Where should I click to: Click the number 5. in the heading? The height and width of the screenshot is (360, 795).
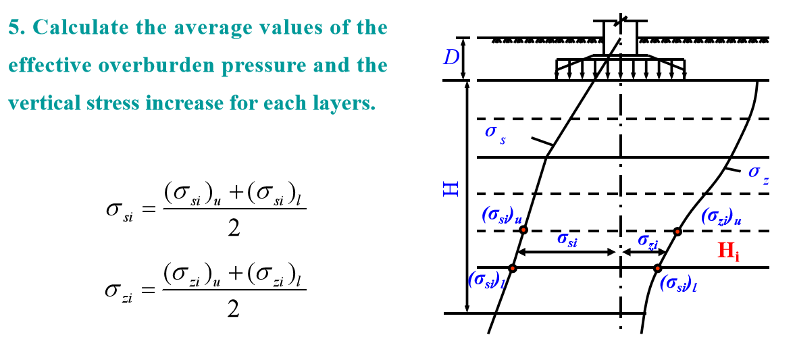pyautogui.click(x=18, y=28)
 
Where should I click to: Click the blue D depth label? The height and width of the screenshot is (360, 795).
pyautogui.click(x=451, y=58)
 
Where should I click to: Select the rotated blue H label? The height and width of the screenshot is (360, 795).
pyautogui.click(x=451, y=188)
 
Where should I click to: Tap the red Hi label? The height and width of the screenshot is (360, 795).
pyautogui.click(x=728, y=252)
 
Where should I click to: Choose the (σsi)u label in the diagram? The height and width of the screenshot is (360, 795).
pyautogui.click(x=501, y=215)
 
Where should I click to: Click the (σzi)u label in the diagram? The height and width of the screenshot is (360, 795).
pyautogui.click(x=721, y=216)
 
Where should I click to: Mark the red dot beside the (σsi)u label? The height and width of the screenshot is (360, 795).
pyautogui.click(x=523, y=230)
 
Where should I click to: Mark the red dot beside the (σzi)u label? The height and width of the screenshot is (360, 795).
pyautogui.click(x=677, y=232)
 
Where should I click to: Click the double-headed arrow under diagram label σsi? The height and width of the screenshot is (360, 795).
pyautogui.click(x=566, y=253)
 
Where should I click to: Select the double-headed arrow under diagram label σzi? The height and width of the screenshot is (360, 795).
pyautogui.click(x=643, y=253)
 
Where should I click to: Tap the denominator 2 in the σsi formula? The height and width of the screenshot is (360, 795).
pyautogui.click(x=234, y=228)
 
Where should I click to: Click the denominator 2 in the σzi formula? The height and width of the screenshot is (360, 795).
pyautogui.click(x=234, y=309)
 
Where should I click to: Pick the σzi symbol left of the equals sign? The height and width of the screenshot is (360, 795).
pyautogui.click(x=119, y=290)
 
